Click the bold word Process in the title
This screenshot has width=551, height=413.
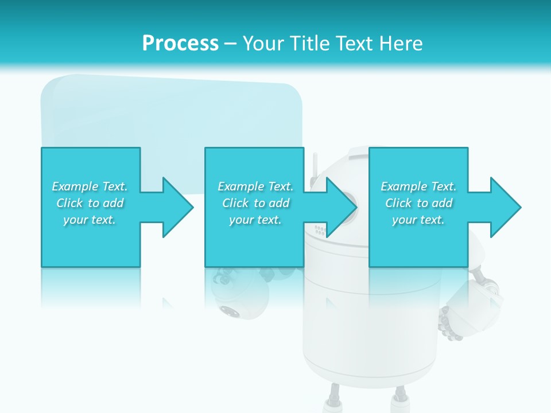(180, 44)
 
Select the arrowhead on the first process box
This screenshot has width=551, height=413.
(176, 207)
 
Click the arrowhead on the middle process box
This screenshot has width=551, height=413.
(340, 207)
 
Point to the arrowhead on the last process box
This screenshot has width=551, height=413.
(504, 207)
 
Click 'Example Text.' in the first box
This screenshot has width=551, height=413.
(90, 186)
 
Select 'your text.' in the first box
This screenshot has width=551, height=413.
(90, 220)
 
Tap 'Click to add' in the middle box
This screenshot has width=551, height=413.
(255, 203)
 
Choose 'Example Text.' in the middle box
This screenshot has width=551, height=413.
(255, 186)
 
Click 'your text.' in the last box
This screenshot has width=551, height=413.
(418, 220)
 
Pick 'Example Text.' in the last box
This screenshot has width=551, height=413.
(418, 186)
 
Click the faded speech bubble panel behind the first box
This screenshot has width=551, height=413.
(172, 115)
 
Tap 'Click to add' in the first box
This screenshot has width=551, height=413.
(90, 203)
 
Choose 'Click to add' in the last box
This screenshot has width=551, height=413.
(418, 203)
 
